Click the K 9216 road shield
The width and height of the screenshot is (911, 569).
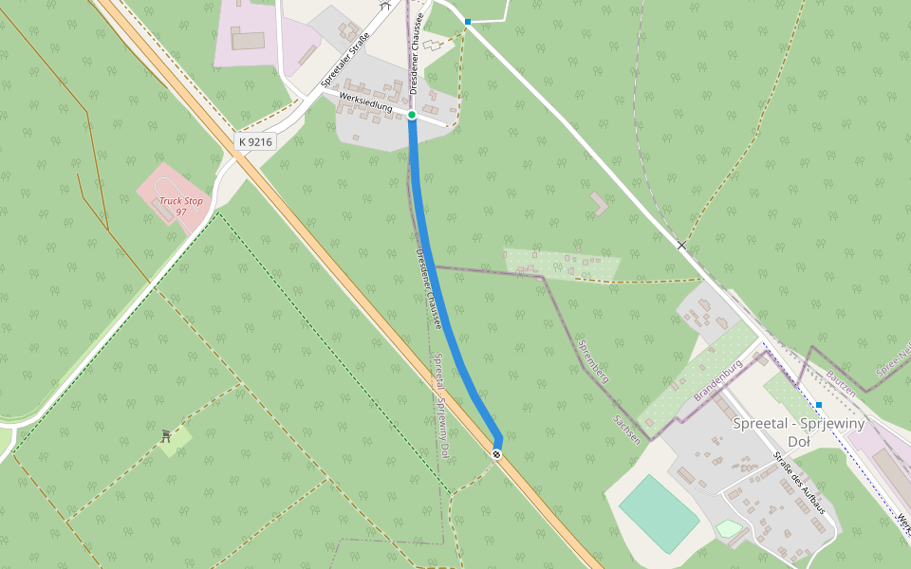point(255,141)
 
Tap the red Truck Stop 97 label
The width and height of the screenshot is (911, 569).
point(180,206)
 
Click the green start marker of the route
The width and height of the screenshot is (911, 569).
point(412,115)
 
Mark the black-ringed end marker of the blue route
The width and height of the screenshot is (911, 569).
point(496,454)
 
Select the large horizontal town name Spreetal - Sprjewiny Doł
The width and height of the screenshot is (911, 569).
point(798,432)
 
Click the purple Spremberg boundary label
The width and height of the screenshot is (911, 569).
point(593,360)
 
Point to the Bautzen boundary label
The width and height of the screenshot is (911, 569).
point(841,383)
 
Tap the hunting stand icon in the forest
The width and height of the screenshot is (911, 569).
point(167,435)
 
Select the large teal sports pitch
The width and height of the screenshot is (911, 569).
point(660,513)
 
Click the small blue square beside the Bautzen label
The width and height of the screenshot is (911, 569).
point(819,405)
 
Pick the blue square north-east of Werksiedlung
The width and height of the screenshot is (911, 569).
point(468,21)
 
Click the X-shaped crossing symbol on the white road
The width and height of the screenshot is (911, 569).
point(681,245)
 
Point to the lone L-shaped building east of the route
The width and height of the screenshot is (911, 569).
point(599,203)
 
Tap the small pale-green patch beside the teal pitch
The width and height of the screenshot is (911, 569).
point(729,528)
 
